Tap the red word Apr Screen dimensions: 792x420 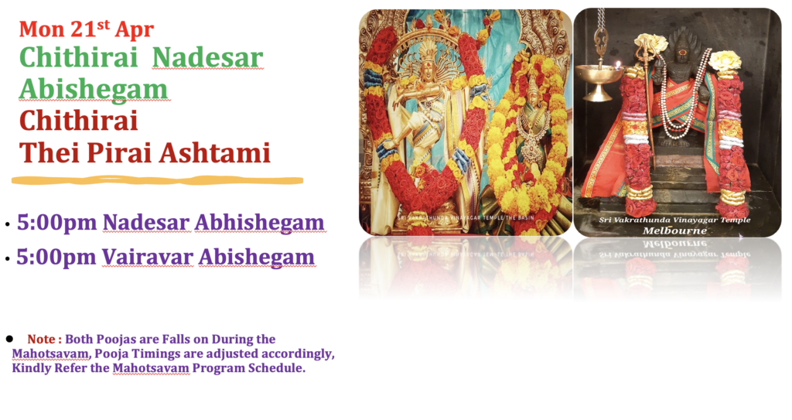pos(134,30)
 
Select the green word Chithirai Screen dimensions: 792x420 pos(78,57)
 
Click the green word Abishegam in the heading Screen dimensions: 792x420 pos(94,90)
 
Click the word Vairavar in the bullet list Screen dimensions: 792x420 pos(148,257)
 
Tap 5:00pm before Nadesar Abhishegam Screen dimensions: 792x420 pos(56,223)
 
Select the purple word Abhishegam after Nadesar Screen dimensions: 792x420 pos(260,223)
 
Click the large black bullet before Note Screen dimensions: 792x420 pos(9,338)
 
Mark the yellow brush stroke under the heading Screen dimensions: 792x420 pos(157,180)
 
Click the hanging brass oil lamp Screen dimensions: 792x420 pos(600,76)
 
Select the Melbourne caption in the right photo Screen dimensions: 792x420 pos(674,231)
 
